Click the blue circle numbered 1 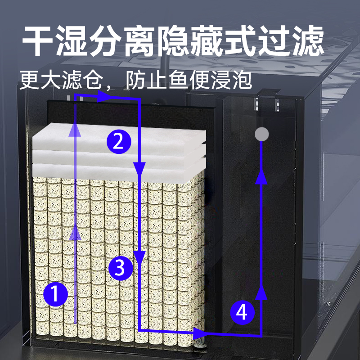(x=55, y=295)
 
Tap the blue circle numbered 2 (x=118, y=141)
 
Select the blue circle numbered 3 (x=121, y=269)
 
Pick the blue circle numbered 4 (x=242, y=312)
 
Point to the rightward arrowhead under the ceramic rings (x=198, y=333)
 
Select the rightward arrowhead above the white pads (x=105, y=95)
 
